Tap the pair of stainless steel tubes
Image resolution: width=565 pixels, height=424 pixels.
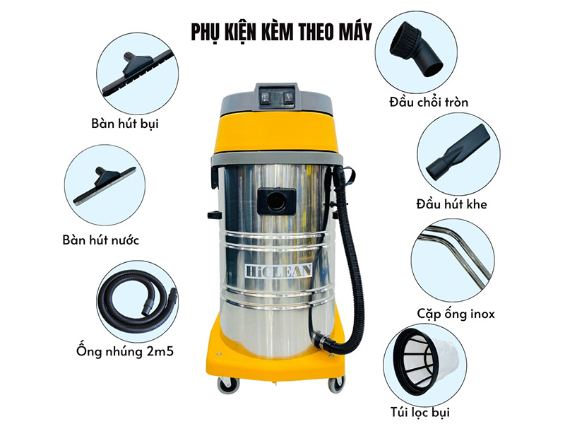[451, 254]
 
